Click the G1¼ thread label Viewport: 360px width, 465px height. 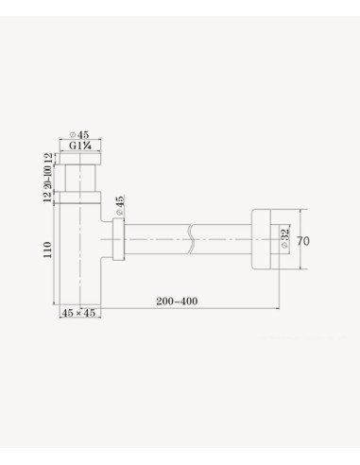(x=80, y=146)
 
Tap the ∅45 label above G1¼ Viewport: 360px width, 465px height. (x=79, y=134)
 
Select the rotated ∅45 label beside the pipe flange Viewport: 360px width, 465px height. (x=120, y=205)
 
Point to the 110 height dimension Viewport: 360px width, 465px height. (x=47, y=250)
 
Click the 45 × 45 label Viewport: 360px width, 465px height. (x=78, y=313)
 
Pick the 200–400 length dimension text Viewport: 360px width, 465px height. (x=177, y=301)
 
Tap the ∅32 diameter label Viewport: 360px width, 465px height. (x=284, y=238)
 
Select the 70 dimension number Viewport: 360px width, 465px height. (x=303, y=241)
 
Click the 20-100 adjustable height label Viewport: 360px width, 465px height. (x=47, y=177)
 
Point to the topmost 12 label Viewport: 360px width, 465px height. (x=47, y=159)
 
